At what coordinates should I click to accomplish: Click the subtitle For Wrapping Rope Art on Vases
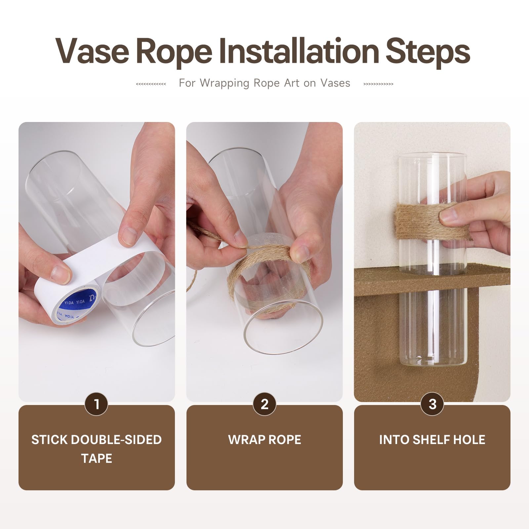click(x=264, y=83)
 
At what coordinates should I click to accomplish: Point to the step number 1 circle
click(x=97, y=404)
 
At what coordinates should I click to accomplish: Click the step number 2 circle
click(x=264, y=404)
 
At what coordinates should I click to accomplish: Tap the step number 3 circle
click(x=432, y=404)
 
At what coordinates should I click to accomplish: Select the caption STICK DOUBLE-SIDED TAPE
click(x=97, y=449)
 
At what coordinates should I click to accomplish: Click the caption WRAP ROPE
click(x=264, y=440)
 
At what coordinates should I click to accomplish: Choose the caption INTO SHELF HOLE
click(x=432, y=440)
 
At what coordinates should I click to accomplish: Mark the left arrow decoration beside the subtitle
click(x=151, y=84)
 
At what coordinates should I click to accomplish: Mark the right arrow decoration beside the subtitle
click(x=378, y=84)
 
